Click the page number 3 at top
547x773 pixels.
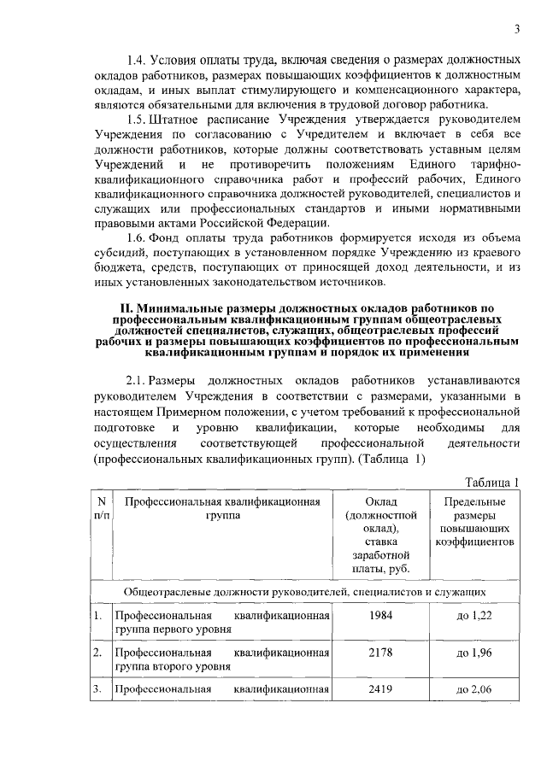point(518,31)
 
